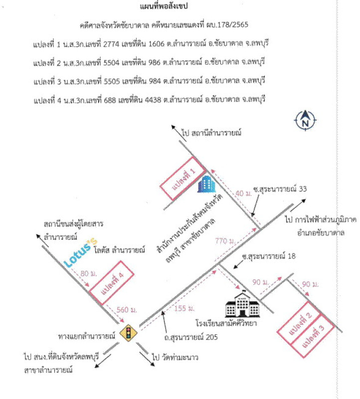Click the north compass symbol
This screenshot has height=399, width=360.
tap(305, 120)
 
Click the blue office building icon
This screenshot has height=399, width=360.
tap(206, 184)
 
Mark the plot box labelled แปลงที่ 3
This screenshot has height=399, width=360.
tap(313, 336)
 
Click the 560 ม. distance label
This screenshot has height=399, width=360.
tap(127, 310)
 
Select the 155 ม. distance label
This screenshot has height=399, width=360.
tap(184, 308)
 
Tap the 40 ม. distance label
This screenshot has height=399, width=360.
tap(243, 194)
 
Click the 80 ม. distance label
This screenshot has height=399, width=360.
tap(89, 273)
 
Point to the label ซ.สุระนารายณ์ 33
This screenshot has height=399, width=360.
tap(280, 189)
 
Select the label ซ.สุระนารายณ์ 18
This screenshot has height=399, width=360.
tap(269, 256)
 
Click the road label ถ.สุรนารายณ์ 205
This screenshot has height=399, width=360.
tap(191, 338)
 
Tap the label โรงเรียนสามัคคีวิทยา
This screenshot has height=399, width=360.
tap(226, 323)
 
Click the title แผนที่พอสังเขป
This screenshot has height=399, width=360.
tap(164, 6)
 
